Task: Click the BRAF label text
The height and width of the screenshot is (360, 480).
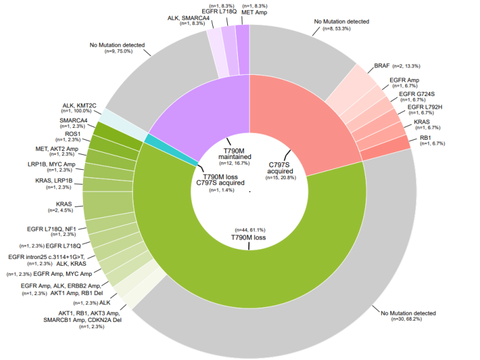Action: tap(382, 66)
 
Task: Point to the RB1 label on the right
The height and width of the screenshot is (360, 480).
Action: tap(426, 138)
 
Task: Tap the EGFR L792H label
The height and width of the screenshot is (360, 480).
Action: tap(424, 107)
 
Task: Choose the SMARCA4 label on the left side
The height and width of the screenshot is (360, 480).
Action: tap(74, 120)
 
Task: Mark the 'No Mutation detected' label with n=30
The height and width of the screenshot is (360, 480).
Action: tap(408, 313)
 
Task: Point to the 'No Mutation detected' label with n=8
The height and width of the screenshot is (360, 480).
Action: tap(341, 22)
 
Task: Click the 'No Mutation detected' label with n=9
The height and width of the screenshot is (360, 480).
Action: tap(117, 45)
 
